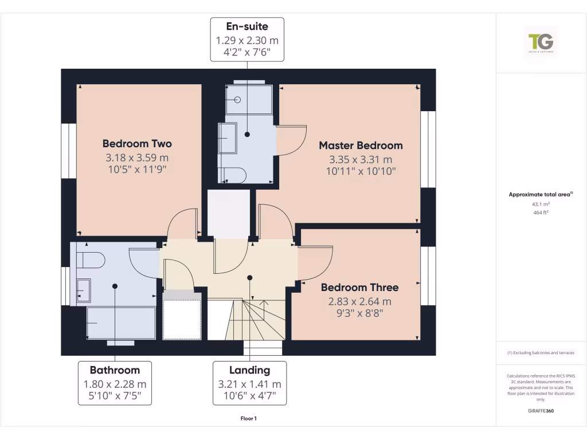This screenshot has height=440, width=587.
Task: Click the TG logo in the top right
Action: [x=541, y=42]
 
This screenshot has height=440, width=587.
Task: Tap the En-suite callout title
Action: [x=247, y=26]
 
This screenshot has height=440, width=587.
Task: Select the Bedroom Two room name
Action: [x=137, y=143]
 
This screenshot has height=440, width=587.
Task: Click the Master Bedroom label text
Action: [x=361, y=146]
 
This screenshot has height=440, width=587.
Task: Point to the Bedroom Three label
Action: [x=359, y=287]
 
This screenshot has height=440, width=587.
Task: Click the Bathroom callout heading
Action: [x=115, y=370]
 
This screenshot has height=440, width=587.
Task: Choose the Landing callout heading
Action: [x=249, y=370]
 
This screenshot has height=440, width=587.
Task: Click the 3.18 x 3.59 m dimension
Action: [x=137, y=158]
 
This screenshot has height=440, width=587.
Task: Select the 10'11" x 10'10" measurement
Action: [x=361, y=171]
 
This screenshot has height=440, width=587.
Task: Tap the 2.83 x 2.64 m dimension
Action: [x=359, y=301]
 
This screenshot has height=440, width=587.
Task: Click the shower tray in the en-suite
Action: [x=249, y=100]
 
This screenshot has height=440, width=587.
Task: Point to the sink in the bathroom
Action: [x=84, y=290]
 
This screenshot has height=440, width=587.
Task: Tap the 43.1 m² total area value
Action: [x=541, y=204]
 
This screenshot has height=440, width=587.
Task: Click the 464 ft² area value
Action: [x=541, y=213]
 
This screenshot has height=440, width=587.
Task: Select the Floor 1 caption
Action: [x=249, y=419]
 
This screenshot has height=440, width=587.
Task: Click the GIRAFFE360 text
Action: [x=541, y=411]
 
